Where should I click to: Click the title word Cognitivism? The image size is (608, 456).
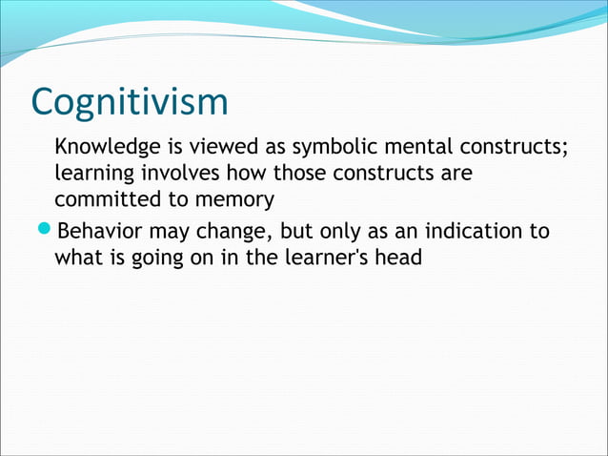(130, 103)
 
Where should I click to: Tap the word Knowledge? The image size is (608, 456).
(101, 149)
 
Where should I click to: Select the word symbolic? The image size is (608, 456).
(334, 149)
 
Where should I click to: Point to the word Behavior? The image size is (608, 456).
(100, 230)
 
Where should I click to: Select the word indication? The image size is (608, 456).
(474, 230)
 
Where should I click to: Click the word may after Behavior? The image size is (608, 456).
(169, 232)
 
